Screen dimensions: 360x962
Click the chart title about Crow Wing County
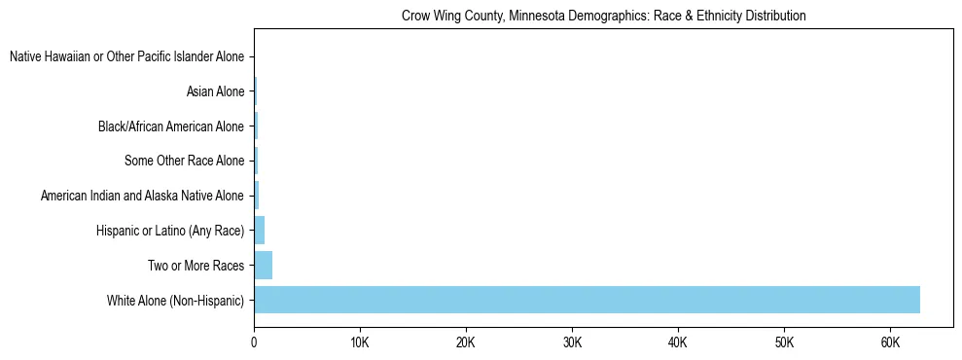pyautogui.click(x=603, y=17)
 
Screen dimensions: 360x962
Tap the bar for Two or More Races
pyautogui.click(x=264, y=265)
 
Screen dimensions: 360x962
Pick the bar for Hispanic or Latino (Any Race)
pyautogui.click(x=260, y=231)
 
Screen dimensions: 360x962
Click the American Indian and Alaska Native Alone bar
pyautogui.click(x=257, y=196)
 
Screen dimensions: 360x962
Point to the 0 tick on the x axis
pyautogui.click(x=254, y=343)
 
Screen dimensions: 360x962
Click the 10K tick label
pyautogui.click(x=360, y=343)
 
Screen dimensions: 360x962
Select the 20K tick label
pyautogui.click(x=466, y=343)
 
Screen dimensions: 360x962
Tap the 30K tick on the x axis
pyautogui.click(x=572, y=343)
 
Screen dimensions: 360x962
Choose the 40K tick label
pyautogui.click(x=678, y=343)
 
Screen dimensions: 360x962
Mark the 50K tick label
pyautogui.click(x=784, y=343)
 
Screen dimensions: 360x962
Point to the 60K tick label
pyautogui.click(x=890, y=343)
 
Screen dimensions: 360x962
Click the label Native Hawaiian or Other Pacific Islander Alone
pyautogui.click(x=126, y=57)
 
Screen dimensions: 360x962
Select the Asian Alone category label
pyautogui.click(x=215, y=92)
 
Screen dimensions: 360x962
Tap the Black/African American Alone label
pyautogui.click(x=171, y=126)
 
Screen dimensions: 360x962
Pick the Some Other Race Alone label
pyautogui.click(x=185, y=162)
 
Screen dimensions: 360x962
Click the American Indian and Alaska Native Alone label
pyautogui.click(x=142, y=196)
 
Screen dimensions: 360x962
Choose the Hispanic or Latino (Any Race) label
pyautogui.click(x=170, y=231)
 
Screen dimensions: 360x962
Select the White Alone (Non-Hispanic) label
pyautogui.click(x=175, y=300)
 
